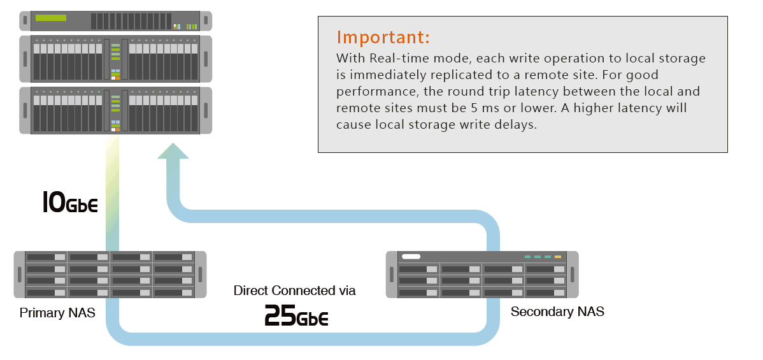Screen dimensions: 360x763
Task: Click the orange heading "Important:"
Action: tap(383, 37)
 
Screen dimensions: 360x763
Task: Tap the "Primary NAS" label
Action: tap(57, 313)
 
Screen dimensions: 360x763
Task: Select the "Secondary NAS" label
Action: tap(557, 312)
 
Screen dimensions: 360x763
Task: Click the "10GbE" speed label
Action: tap(69, 203)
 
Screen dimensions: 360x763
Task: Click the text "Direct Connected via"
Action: tap(294, 291)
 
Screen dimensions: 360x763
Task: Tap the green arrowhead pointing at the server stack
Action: tap(173, 152)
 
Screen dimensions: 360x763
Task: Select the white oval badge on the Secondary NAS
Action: tap(411, 257)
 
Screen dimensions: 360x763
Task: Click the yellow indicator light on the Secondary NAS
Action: tap(558, 257)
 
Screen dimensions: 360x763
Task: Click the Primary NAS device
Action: tap(110, 275)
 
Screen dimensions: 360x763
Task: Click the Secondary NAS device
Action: tap(482, 275)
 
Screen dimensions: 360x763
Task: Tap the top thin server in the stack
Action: tap(115, 20)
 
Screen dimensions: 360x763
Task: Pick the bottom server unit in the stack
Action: tap(115, 110)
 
